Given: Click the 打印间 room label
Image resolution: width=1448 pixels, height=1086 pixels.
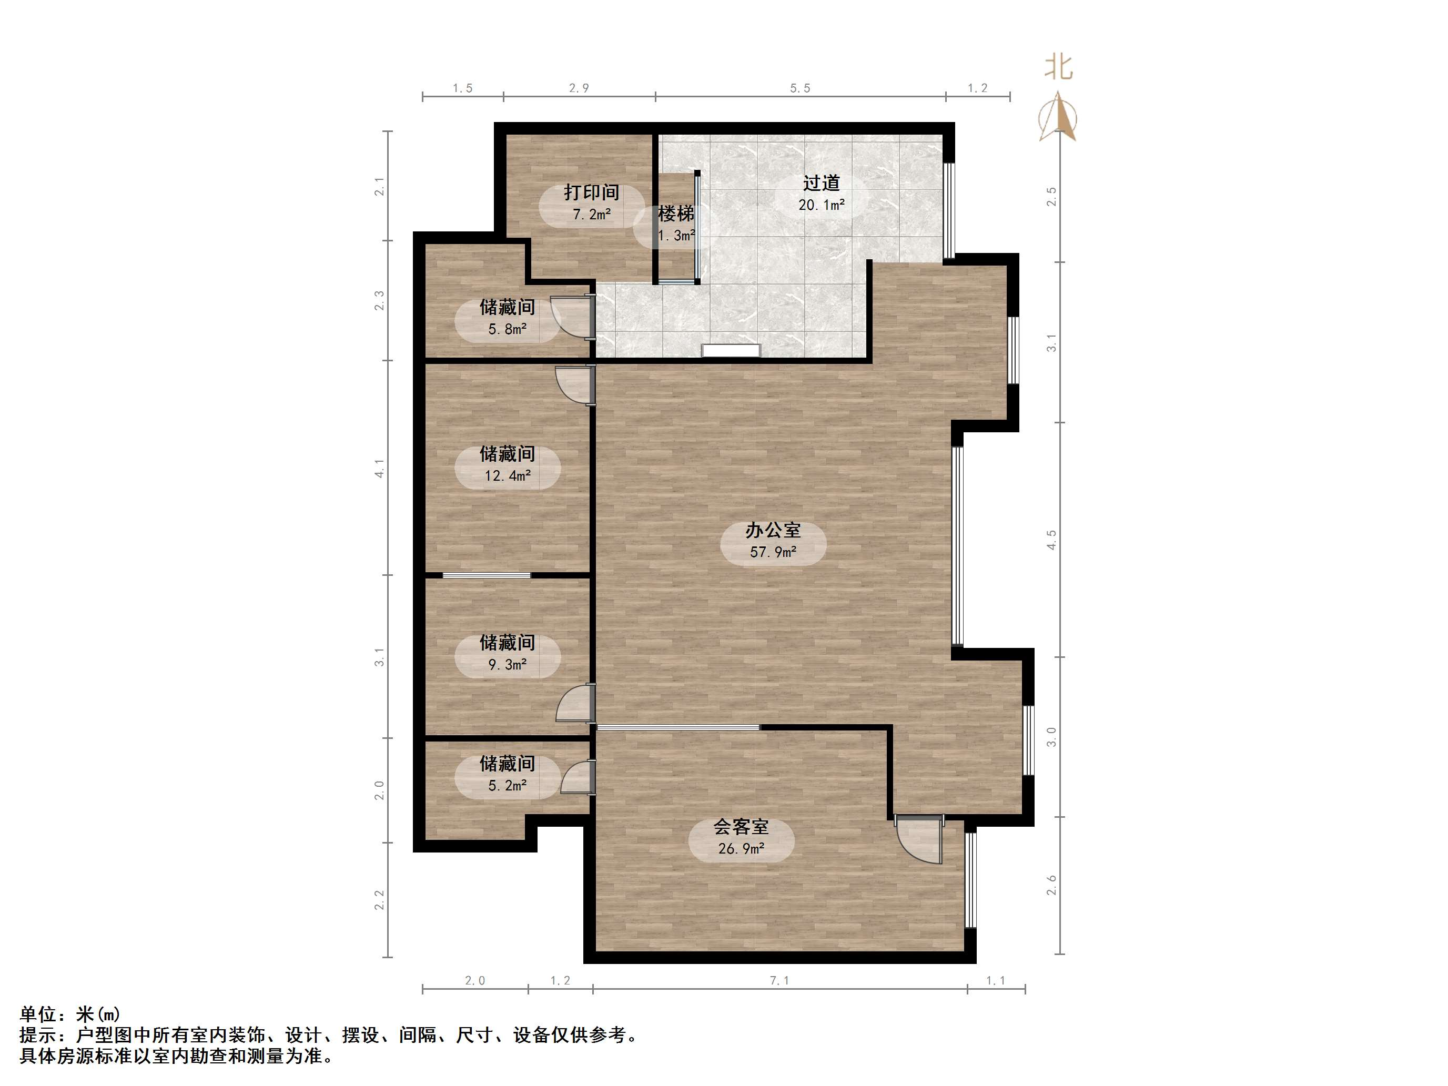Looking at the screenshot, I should [591, 192].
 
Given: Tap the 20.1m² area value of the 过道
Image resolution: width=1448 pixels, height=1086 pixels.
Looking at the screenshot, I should [821, 205].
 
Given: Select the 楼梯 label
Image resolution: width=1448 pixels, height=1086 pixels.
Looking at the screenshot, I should [675, 214].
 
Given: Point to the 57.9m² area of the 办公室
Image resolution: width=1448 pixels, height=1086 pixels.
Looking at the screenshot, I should [773, 552].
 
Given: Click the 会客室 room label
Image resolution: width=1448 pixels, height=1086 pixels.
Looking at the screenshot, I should [741, 827].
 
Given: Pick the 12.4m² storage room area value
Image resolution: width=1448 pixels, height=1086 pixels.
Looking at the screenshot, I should [508, 476].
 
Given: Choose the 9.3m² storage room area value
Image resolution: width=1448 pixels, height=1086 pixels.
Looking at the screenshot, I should [508, 664].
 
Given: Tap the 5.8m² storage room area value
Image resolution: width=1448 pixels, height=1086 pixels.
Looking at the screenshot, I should [508, 329].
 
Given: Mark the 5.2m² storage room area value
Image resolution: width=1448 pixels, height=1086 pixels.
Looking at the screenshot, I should [508, 785].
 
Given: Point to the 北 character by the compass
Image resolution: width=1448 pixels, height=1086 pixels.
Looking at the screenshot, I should [1058, 67].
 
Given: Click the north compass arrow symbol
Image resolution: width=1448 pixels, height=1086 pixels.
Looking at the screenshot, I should [1058, 117].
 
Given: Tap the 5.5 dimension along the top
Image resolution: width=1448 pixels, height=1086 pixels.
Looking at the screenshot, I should [800, 88].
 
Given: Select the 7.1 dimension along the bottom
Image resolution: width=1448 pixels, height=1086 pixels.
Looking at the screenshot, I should [779, 980].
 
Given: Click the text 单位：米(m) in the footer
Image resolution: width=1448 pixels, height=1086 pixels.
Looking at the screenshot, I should [70, 1014].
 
